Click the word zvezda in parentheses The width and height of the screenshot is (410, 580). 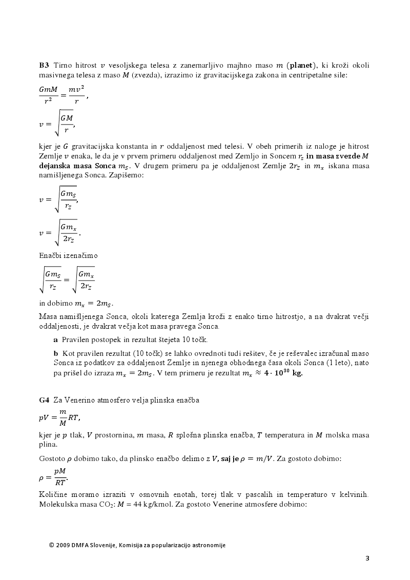click(145, 75)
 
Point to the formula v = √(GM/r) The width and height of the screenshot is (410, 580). click(57, 124)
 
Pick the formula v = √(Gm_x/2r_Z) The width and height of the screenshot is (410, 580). click(60, 232)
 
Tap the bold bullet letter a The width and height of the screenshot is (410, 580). click(55, 339)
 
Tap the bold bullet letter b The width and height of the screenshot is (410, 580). click(55, 353)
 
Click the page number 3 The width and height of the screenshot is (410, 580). click(367, 558)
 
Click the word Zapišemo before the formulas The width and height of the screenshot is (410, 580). click(127, 175)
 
